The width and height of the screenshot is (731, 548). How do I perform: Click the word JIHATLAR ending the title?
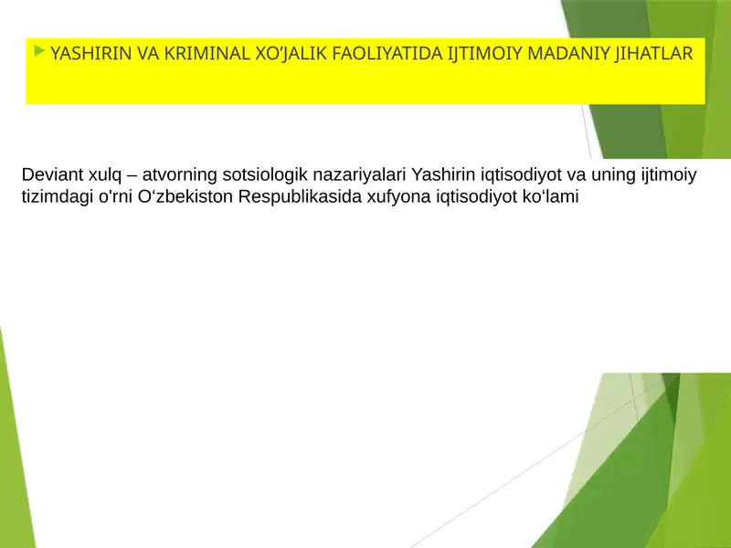coord(654,54)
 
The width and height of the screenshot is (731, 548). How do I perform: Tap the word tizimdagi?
coord(55,196)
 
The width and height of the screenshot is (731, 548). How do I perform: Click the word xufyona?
coord(393,196)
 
